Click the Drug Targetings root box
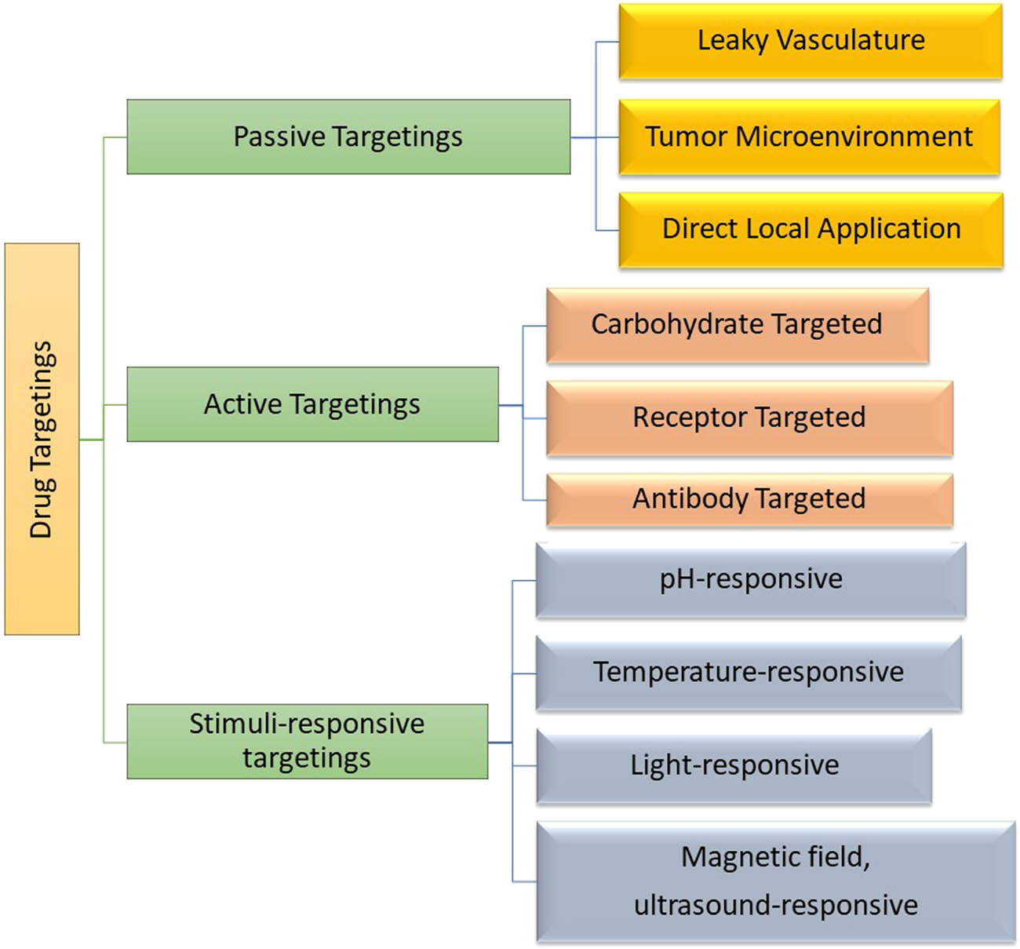(42, 439)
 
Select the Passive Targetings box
(348, 137)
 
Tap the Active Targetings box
(312, 404)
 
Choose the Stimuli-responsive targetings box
(307, 741)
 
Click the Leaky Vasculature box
(811, 41)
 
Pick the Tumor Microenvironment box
(809, 137)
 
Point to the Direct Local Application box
(811, 230)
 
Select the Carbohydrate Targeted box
(737, 325)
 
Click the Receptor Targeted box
(749, 418)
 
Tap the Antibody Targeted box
(749, 499)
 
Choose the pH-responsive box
(750, 580)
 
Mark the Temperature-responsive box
(749, 673)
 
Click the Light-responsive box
(734, 765)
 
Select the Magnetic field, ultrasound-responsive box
(775, 881)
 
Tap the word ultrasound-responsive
(776, 905)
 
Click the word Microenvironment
(854, 137)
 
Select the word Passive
(279, 137)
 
